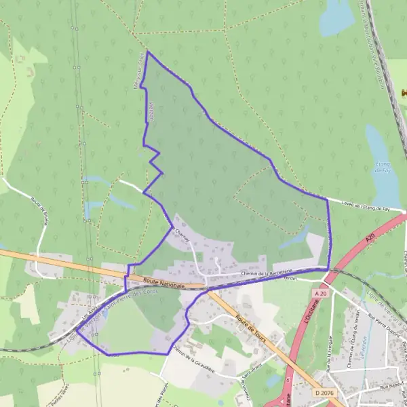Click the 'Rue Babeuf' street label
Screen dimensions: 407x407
pyautogui.click(x=392, y=385)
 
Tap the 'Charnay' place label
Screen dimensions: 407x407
pyautogui.click(x=180, y=231)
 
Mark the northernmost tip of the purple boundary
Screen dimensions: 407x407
pyautogui.click(x=147, y=52)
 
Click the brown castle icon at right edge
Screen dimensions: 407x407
pyautogui.click(x=404, y=93)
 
